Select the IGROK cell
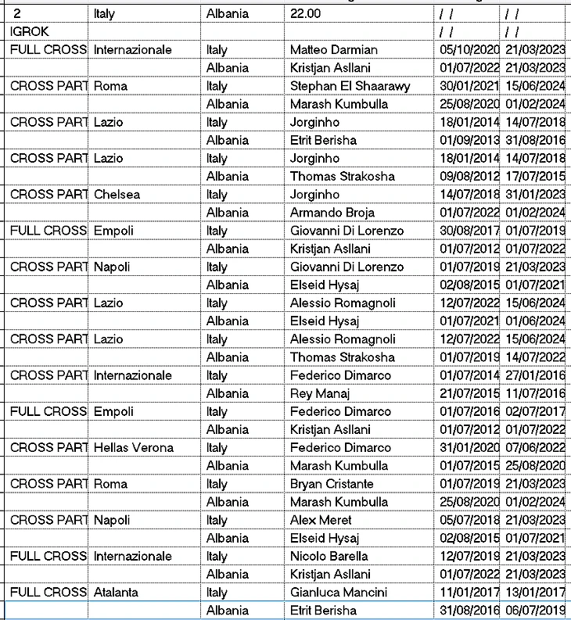pyautogui.click(x=30, y=31)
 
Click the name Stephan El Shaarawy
pyautogui.click(x=350, y=86)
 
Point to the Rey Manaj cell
pyautogui.click(x=322, y=393)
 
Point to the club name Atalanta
pyautogui.click(x=116, y=593)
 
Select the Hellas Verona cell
pyautogui.click(x=134, y=448)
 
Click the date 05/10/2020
pyautogui.click(x=466, y=50)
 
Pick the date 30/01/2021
pyautogui.click(x=466, y=86)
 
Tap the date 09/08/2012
pyautogui.click(x=466, y=177)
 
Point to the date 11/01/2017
pyautogui.click(x=466, y=593)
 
